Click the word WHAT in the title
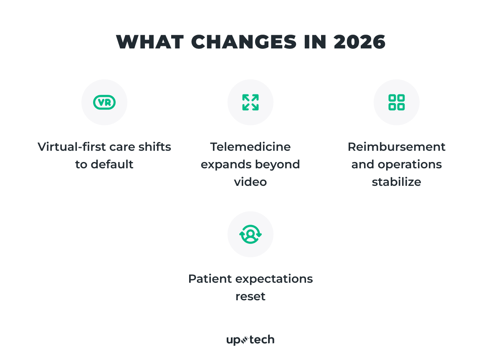[x=149, y=42]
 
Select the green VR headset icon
[x=104, y=102]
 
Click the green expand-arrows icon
[x=250, y=102]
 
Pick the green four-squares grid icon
[x=396, y=102]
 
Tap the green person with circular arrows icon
[x=250, y=234]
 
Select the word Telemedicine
[x=250, y=147]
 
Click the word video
[x=250, y=182]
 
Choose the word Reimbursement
[x=396, y=147]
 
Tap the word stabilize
[x=396, y=182]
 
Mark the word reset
[x=250, y=297]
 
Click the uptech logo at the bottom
[x=250, y=340]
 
